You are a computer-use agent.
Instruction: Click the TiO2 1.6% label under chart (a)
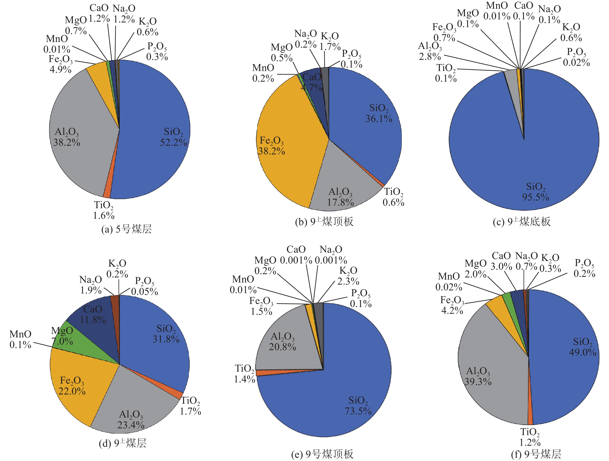tap(104, 210)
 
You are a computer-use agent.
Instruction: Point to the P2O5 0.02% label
tap(576, 57)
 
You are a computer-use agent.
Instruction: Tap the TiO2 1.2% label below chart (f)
tap(530, 437)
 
